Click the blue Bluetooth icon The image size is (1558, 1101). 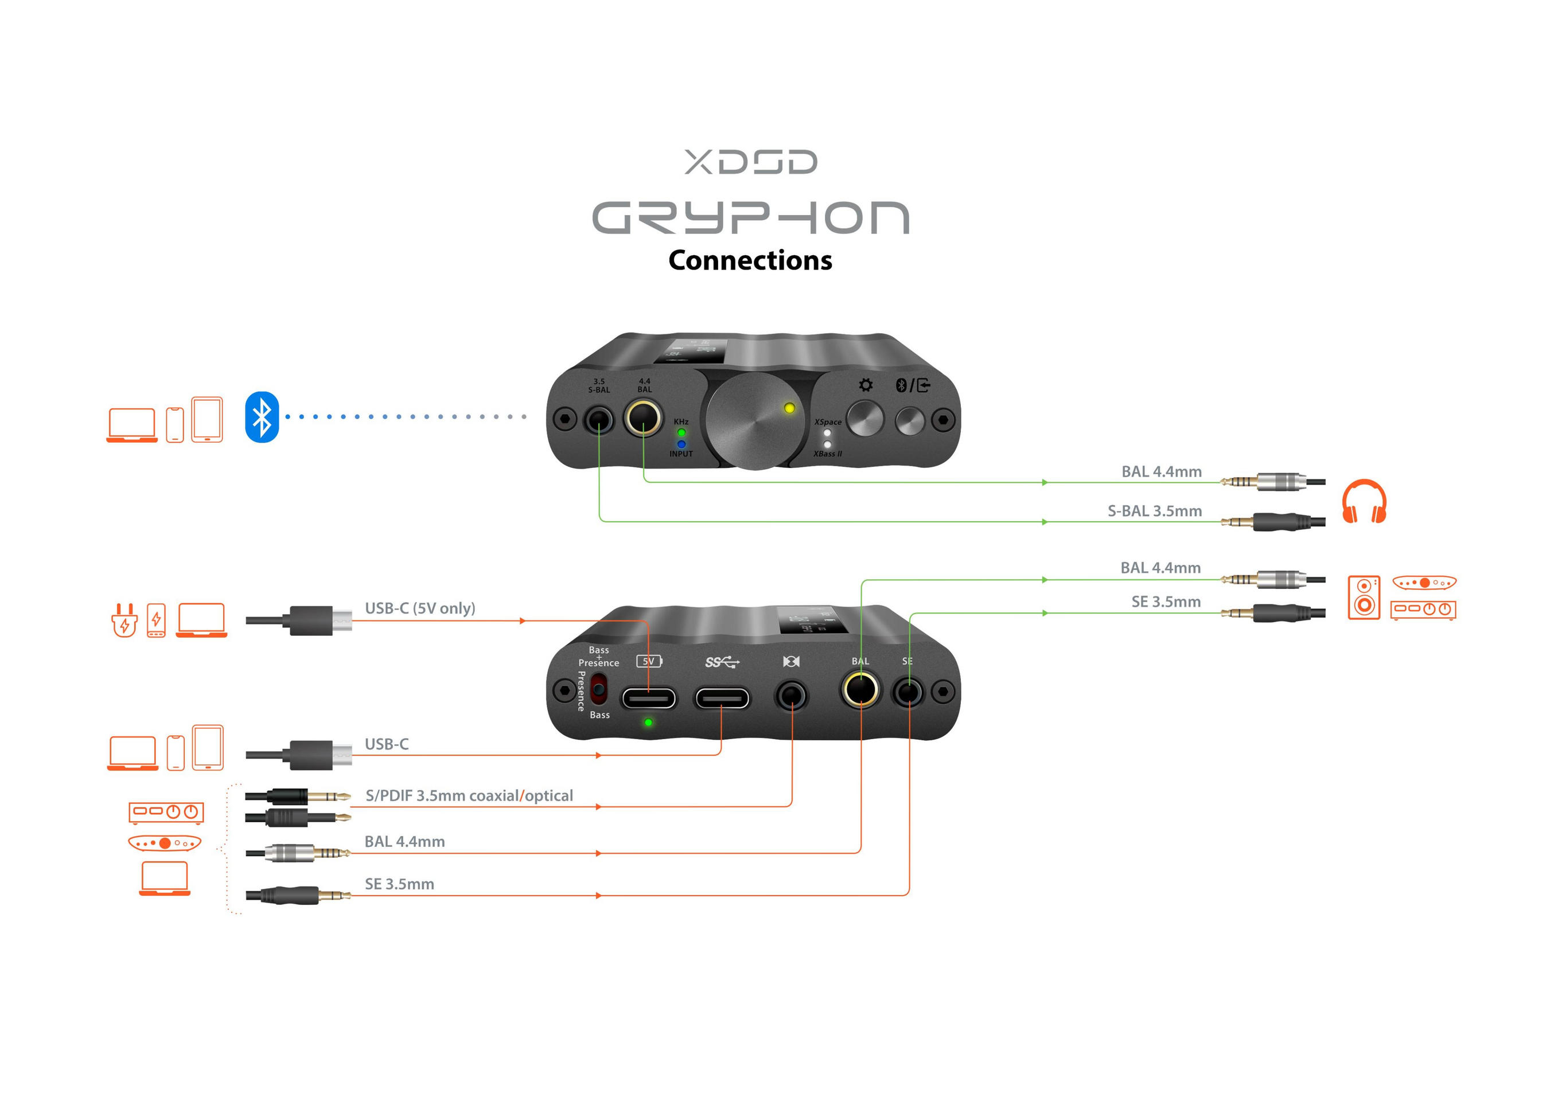coord(262,417)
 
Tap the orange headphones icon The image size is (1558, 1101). coord(1364,501)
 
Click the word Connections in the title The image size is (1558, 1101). coord(750,260)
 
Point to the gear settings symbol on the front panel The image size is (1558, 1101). coord(866,385)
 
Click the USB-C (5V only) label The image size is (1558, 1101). coord(419,608)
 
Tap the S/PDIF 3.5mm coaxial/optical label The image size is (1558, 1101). coord(469,796)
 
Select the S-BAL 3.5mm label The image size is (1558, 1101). coord(1154,512)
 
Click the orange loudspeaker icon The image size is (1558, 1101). coord(1364,597)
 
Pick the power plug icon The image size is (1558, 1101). coord(124,620)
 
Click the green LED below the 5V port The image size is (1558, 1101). coord(648,723)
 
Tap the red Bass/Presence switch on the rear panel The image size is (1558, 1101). coord(598,690)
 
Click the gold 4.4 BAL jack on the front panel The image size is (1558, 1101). coord(643,418)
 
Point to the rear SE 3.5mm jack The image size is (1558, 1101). coord(908,693)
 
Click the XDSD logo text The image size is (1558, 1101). coord(750,162)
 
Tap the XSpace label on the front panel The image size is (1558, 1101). coord(828,422)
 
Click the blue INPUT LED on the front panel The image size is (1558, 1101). coord(681,444)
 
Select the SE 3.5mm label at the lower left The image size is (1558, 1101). coord(399,884)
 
